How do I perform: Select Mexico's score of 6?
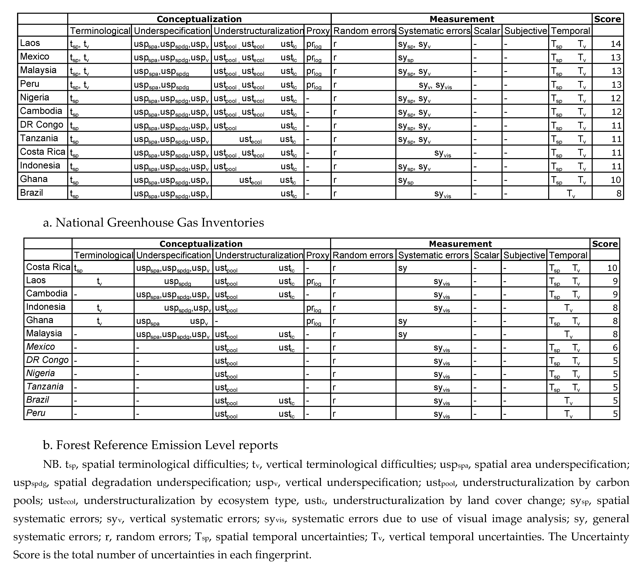(615, 347)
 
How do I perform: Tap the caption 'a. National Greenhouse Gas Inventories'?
(153, 223)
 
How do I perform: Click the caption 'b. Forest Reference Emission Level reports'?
(160, 445)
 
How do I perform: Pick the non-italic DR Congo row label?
(42, 125)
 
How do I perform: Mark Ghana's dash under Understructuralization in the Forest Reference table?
(217, 321)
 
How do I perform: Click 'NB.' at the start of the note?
(52, 464)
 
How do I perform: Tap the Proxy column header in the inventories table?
(318, 31)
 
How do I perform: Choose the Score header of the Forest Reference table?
(605, 244)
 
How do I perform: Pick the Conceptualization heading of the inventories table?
(199, 19)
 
